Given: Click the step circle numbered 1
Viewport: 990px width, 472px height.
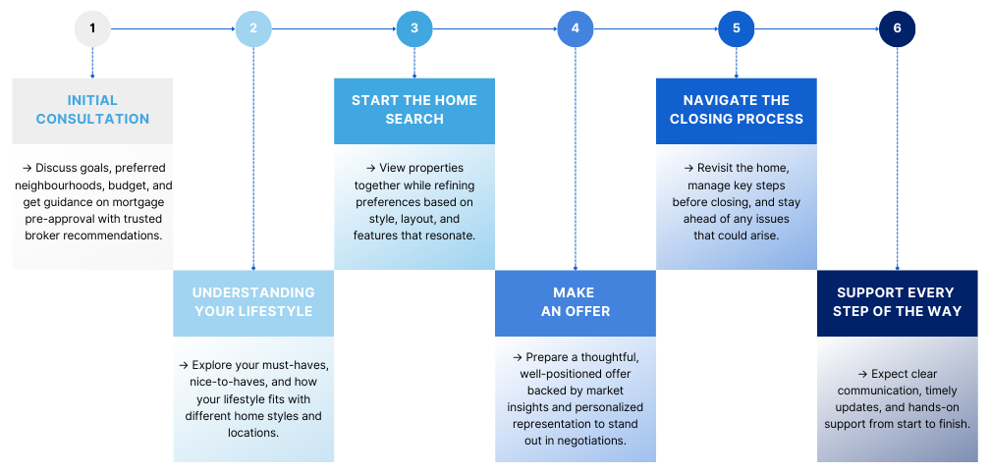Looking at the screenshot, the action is point(92,28).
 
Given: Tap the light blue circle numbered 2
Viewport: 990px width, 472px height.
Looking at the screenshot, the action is point(253,28).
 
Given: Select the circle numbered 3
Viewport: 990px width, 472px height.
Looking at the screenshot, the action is point(414,28).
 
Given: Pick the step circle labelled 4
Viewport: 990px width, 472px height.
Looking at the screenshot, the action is point(576,28).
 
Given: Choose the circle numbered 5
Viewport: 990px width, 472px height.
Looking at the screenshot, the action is point(737,28).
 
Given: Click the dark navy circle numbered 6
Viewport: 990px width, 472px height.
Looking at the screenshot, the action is point(898,28).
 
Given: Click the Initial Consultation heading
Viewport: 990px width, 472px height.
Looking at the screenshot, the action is point(92,110).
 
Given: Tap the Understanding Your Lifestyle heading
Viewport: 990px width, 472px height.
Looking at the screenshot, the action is point(253,301).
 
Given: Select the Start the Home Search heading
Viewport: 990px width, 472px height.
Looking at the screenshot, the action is point(414,110).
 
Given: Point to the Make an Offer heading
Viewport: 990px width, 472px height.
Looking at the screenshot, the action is point(576,301).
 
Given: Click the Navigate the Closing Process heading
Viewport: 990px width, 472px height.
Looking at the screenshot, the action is point(737,110).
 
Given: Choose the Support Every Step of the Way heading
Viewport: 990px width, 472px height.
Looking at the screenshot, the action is point(898,301).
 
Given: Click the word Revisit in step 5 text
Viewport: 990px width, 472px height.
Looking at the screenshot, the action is point(717,169).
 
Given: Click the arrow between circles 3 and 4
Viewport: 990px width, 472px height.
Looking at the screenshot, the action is point(494,28).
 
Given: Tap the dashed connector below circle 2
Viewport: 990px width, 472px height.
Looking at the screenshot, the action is point(253,158).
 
